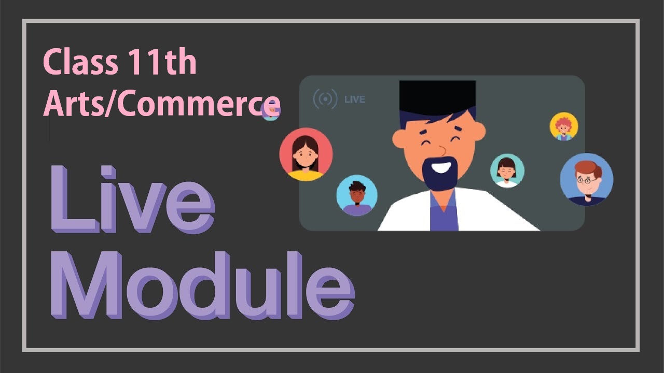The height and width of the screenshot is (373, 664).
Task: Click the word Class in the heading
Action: click(x=80, y=62)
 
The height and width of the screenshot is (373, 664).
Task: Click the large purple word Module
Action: click(x=203, y=285)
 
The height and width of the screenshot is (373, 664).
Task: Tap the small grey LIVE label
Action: click(x=355, y=99)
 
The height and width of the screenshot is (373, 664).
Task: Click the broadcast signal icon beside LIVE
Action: click(x=325, y=99)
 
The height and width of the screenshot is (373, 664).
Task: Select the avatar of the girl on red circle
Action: click(x=306, y=154)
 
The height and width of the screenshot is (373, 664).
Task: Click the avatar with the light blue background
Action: click(x=357, y=195)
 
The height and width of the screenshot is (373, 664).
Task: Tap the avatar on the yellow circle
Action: click(x=564, y=126)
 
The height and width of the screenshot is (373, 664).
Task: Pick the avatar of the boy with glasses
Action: click(x=587, y=179)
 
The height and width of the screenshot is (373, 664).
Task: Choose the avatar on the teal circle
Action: click(x=507, y=171)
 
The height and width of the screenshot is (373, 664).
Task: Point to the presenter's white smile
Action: click(x=441, y=166)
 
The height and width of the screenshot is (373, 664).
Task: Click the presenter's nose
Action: click(x=441, y=151)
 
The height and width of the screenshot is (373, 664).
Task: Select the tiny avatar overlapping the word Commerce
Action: click(x=271, y=111)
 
